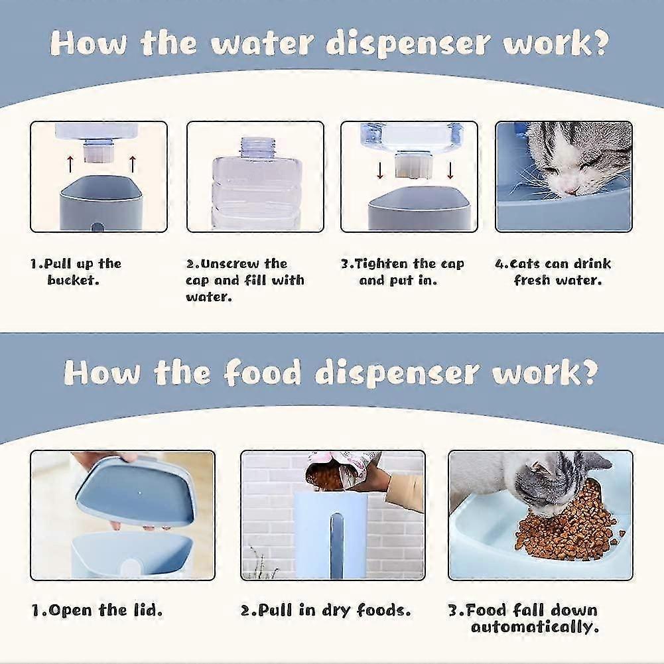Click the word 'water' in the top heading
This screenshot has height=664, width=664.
(263, 43)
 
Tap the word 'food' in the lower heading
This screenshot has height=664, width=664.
(262, 372)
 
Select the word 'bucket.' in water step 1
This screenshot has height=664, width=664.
(73, 281)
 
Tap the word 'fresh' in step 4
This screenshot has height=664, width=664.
(532, 280)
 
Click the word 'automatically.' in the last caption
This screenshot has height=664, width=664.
(535, 627)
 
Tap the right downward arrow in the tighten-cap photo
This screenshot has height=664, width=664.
(450, 170)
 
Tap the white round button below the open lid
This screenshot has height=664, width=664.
(131, 566)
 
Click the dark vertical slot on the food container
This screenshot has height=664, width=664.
(337, 545)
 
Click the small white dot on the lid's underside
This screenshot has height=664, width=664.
(140, 494)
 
